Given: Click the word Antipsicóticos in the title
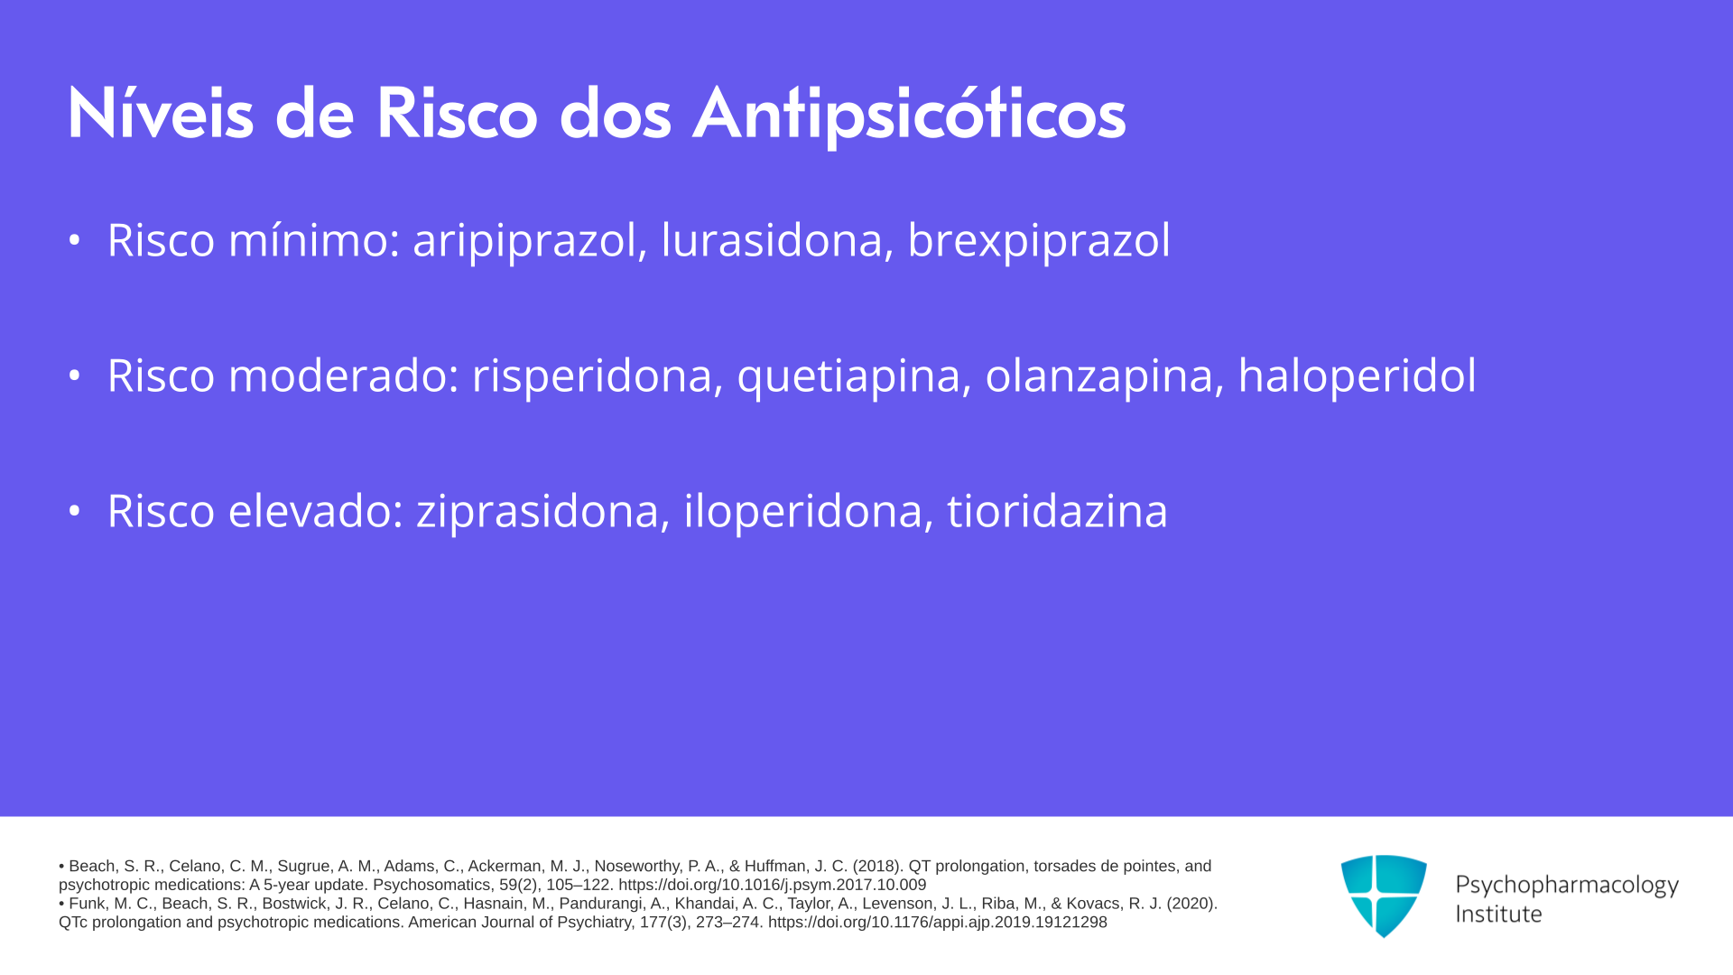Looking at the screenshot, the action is (909, 115).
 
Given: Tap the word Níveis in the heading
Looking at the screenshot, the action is (160, 115).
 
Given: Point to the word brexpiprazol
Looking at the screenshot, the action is (1039, 241).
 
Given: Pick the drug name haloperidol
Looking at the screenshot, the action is (1358, 376).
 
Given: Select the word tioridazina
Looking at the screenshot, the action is (1057, 511).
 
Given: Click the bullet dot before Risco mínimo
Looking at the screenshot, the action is (75, 240).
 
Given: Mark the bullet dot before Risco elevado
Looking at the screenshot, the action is (75, 511).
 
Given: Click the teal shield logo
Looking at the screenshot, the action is (1384, 896).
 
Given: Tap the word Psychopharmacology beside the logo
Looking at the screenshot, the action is (1567, 886).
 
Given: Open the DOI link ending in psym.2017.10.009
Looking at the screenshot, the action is (772, 886).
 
